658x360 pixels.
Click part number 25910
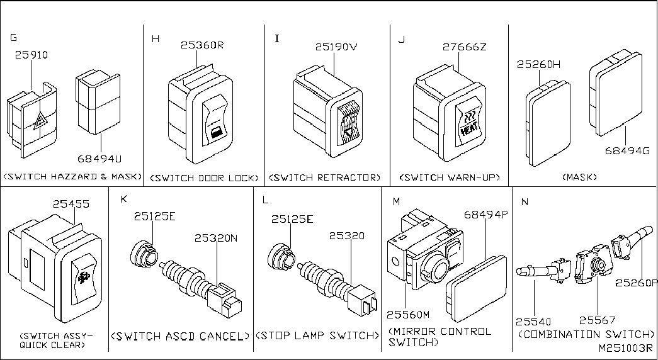[x=31, y=55]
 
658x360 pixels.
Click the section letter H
[x=156, y=39]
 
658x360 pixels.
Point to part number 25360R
[x=203, y=45]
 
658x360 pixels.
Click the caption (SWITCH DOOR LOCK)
[x=205, y=178]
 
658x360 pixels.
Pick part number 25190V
[x=336, y=47]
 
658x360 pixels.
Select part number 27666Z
[x=464, y=47]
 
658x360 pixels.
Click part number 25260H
[x=539, y=64]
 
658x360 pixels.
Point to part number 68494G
[x=627, y=150]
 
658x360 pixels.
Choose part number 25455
[x=71, y=204]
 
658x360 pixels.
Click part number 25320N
[x=216, y=237]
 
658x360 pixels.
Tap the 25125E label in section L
[x=292, y=219]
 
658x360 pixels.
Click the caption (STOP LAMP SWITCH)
[x=317, y=335]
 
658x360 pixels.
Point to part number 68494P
[x=486, y=215]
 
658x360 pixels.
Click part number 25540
[x=533, y=322]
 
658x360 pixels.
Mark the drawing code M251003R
[x=626, y=348]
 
